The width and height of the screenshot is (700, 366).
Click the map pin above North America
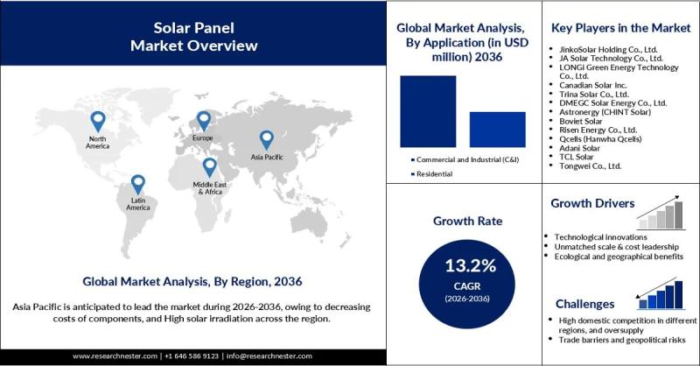[98, 121]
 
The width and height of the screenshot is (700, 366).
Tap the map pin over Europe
[204, 121]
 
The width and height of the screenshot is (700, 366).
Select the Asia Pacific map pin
[266, 140]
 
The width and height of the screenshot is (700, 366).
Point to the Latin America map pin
[137, 184]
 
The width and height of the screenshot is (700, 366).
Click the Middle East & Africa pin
[210, 167]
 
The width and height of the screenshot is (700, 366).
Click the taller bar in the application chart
[428, 110]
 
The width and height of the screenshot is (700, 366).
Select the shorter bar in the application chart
[496, 129]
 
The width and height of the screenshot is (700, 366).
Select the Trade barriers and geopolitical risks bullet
[622, 340]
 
